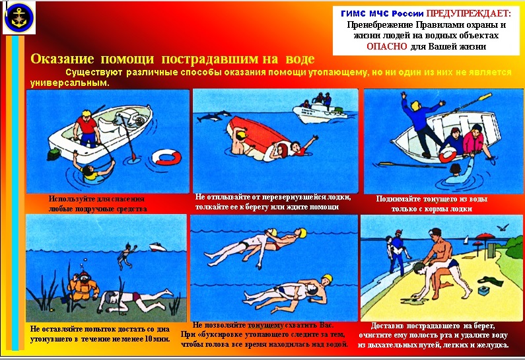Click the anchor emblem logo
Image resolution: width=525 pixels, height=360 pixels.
point(19,18)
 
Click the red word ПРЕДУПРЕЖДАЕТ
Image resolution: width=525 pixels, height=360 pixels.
point(468,13)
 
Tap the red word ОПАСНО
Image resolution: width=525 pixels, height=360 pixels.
point(387,46)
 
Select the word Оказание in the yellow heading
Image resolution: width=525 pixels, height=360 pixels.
point(62,59)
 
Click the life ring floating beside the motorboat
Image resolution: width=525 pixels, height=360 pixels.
point(166,157)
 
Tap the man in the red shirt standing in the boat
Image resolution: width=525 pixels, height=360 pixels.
point(87,129)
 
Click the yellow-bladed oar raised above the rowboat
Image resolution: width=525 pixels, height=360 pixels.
point(470,104)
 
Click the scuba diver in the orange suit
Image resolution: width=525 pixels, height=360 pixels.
point(81,286)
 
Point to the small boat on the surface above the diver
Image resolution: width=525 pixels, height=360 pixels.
point(157,247)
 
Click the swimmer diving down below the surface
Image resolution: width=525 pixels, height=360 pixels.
point(126,256)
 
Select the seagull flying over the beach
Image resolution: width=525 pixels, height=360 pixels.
point(503,228)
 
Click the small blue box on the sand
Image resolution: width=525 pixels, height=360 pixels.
point(484,290)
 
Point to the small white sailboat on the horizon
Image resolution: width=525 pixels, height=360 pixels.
point(466,240)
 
